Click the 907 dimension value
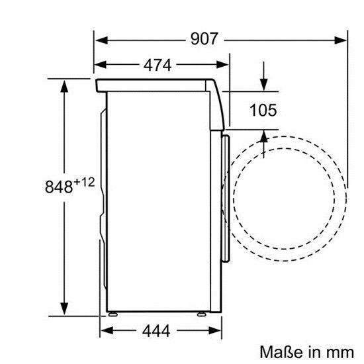click(204, 39)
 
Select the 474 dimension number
click(157, 65)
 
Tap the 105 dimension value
click(263, 110)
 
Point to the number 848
click(58, 187)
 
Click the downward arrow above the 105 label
click(263, 85)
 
